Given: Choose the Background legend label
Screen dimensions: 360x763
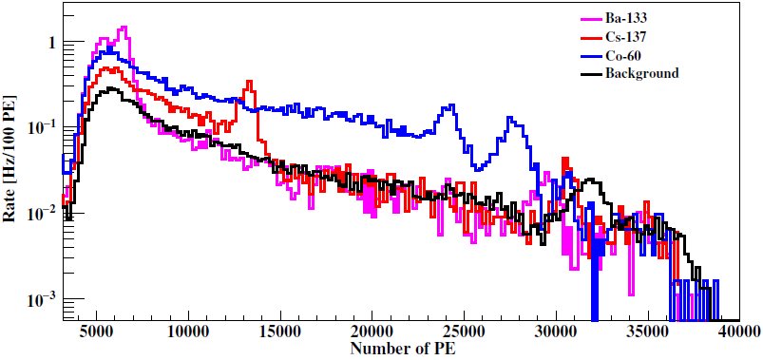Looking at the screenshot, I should pos(642,73).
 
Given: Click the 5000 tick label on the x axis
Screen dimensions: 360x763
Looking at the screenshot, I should pos(96,332).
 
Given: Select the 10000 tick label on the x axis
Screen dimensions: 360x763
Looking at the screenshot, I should pos(187,332).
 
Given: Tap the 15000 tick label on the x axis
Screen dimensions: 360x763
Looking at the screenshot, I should pos(279,332).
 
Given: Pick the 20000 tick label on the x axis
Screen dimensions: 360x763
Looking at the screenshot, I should pos(371,332).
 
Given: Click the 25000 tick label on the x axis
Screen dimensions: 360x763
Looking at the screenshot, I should pos(463,332).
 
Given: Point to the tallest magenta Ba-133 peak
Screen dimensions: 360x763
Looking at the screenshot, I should pos(123,28).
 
